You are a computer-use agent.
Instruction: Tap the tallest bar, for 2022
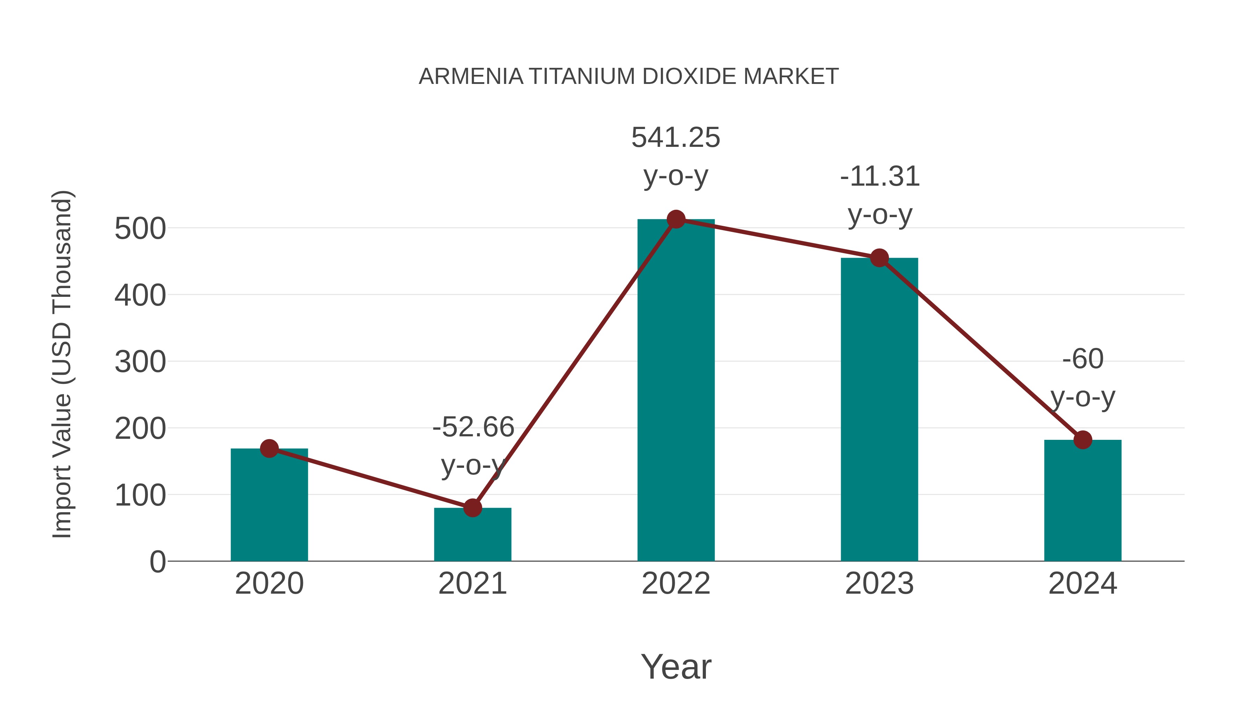tap(676, 391)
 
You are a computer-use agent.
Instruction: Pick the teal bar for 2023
tap(879, 410)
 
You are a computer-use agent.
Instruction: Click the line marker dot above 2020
tap(269, 449)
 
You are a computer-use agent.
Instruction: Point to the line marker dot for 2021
tap(472, 508)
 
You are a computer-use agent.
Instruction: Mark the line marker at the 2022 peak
tap(676, 219)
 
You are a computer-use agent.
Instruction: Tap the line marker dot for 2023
tap(879, 258)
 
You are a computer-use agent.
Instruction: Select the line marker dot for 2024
tap(1083, 440)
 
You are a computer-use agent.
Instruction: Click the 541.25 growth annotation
tap(675, 138)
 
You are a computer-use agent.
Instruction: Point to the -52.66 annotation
tap(473, 428)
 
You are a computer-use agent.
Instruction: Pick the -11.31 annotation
tap(880, 177)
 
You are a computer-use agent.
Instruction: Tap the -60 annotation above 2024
tap(1083, 360)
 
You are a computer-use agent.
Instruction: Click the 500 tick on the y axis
tap(140, 229)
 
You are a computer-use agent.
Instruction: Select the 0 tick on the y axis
tap(157, 562)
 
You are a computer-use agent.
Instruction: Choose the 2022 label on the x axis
tap(676, 584)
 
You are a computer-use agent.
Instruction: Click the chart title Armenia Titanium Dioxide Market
tap(629, 77)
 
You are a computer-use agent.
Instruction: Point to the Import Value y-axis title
tap(63, 364)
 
